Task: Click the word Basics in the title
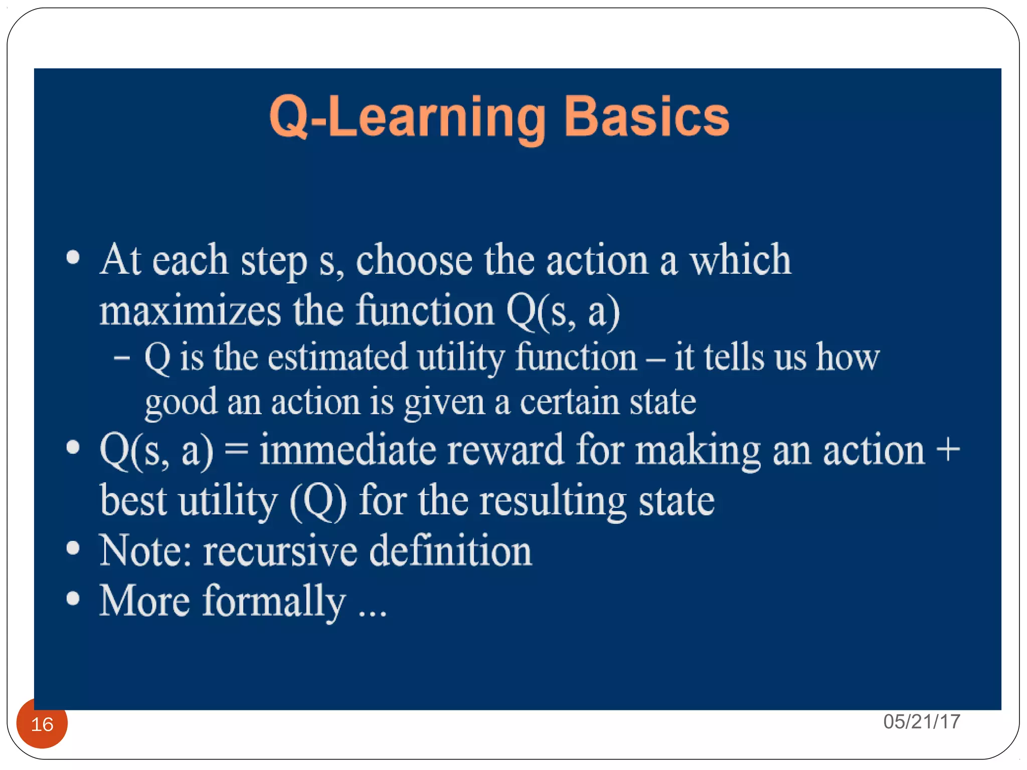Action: [x=646, y=116]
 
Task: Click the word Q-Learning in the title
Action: [x=407, y=117]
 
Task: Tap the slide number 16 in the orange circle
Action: [x=42, y=724]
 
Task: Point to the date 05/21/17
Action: [x=922, y=722]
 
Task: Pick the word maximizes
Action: [x=190, y=311]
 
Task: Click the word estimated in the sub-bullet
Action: [x=337, y=357]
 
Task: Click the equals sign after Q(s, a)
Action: [x=236, y=450]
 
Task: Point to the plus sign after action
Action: [x=948, y=450]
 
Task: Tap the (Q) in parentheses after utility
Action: [x=318, y=501]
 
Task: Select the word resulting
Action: [x=553, y=501]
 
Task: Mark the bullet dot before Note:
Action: [x=73, y=548]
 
